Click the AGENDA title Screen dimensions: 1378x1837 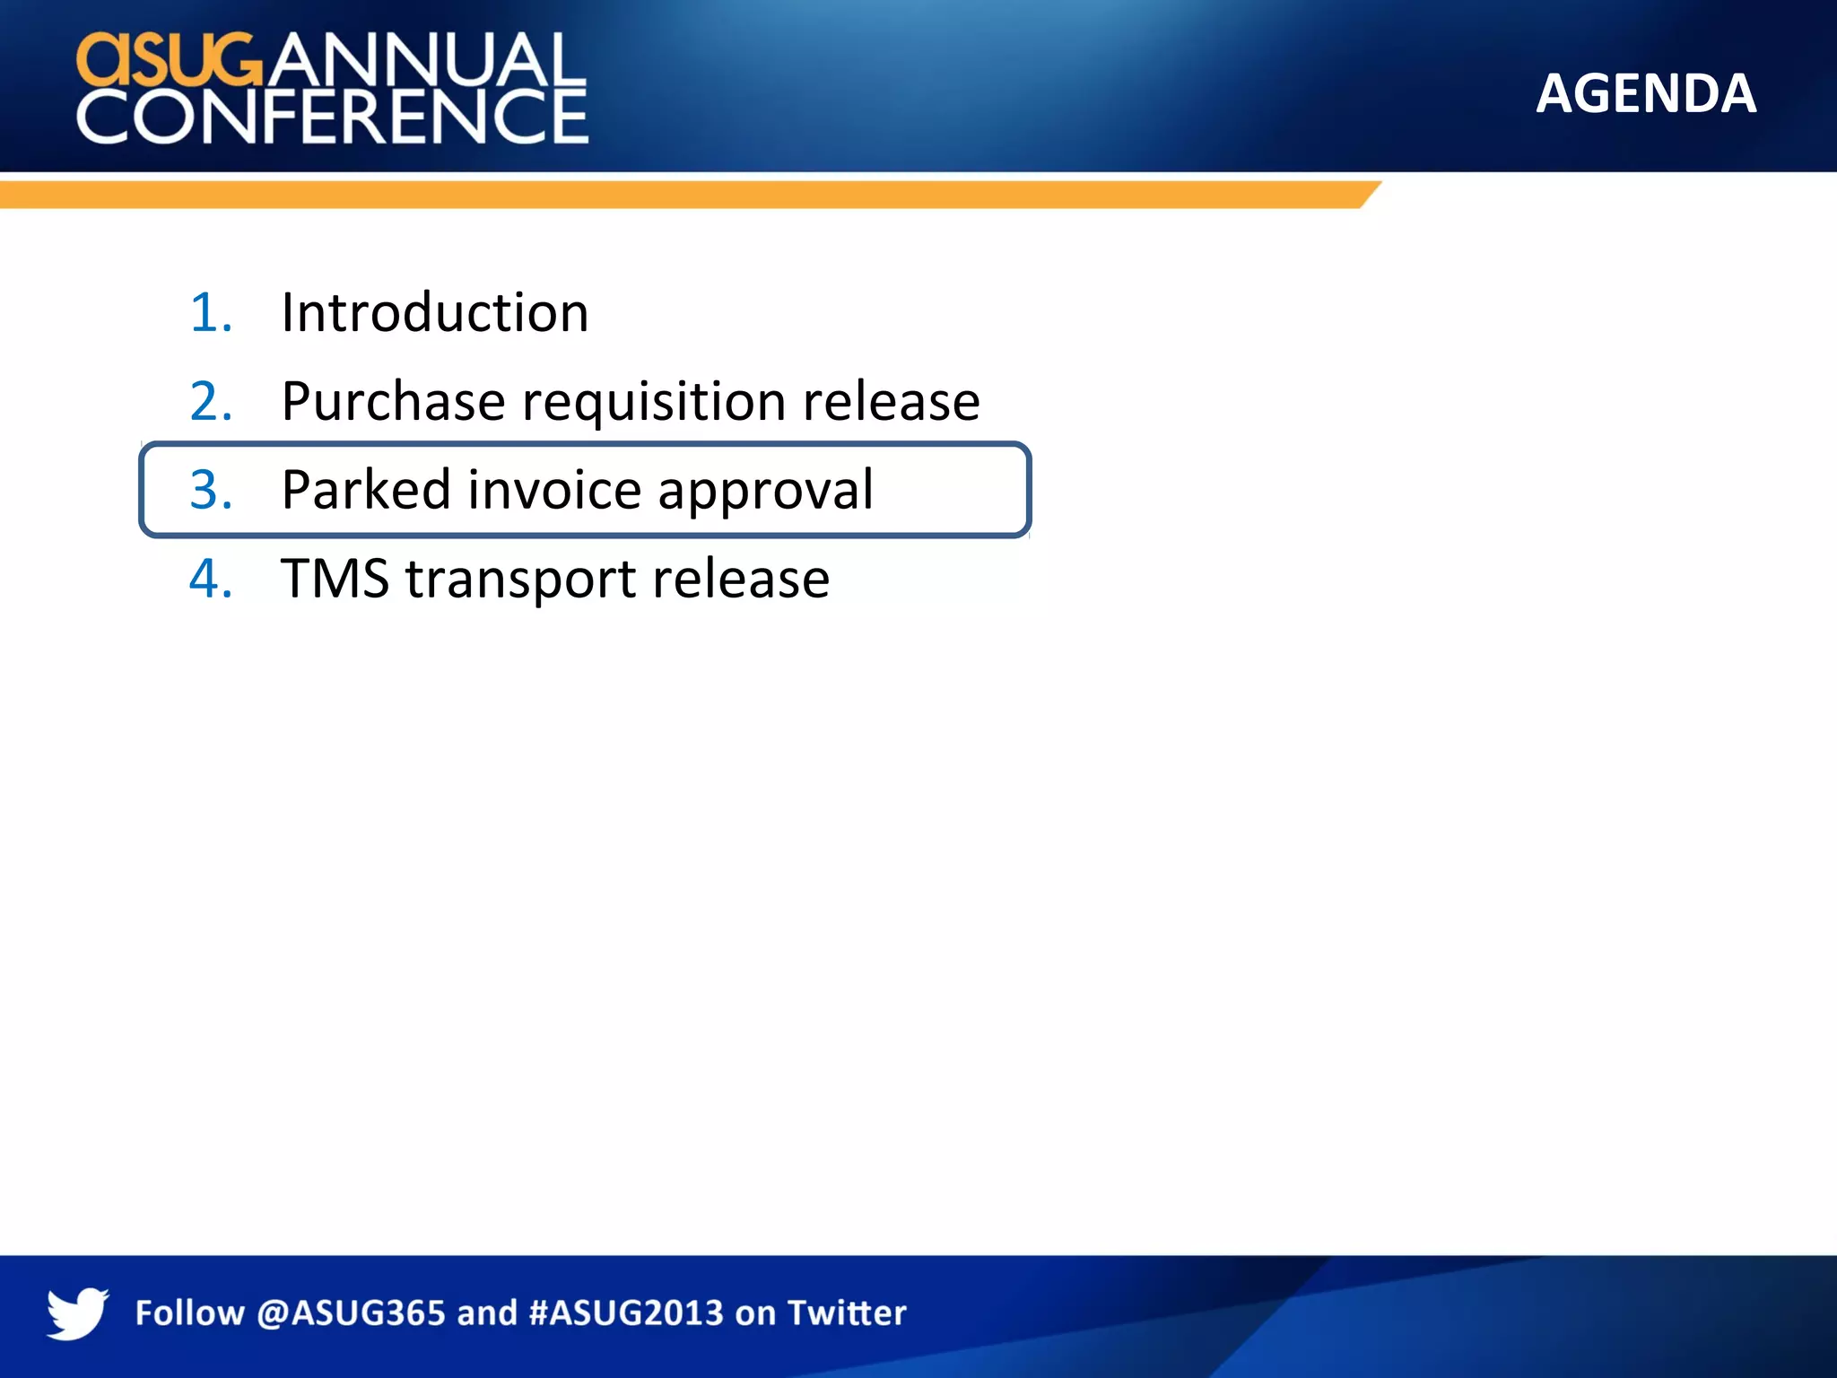[1645, 93]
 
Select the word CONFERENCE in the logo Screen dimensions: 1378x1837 [332, 117]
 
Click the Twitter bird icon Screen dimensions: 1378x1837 [77, 1313]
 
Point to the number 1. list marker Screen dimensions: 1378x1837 [212, 312]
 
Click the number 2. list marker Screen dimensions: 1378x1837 [212, 401]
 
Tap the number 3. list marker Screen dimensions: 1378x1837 [212, 490]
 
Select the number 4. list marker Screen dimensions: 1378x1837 [212, 578]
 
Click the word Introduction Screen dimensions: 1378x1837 [435, 312]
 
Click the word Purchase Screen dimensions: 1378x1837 [393, 401]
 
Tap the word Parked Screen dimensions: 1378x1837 [366, 490]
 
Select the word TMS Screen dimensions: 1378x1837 [335, 578]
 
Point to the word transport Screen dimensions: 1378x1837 [520, 580]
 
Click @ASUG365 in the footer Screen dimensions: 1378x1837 [351, 1313]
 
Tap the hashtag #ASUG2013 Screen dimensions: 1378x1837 [626, 1313]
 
